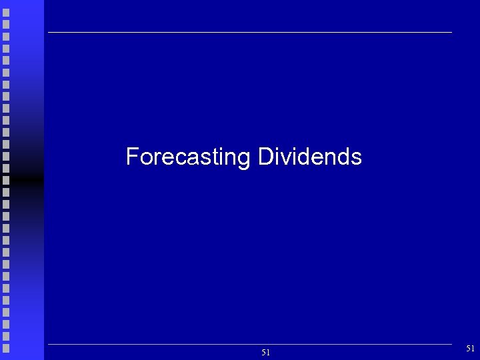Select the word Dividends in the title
coord(309,157)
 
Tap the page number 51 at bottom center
coord(265,353)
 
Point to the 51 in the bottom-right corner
coord(471,348)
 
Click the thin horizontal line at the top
coord(250,32)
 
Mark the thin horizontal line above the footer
coord(250,344)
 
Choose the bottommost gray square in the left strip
coord(6,347)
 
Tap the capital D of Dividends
coord(264,157)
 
